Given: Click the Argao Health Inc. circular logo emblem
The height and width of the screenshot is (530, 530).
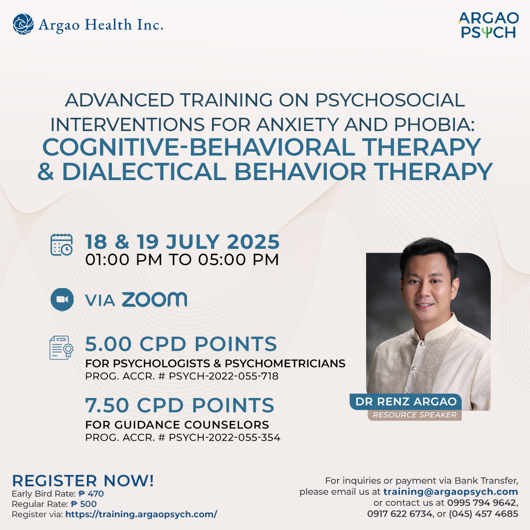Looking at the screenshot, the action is pyautogui.click(x=23, y=24).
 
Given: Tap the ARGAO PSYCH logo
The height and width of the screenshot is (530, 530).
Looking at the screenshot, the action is pyautogui.click(x=488, y=26).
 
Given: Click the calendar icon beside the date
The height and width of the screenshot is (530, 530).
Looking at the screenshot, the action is pyautogui.click(x=61, y=244).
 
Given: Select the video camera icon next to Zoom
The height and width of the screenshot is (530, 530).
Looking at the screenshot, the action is pyautogui.click(x=62, y=299).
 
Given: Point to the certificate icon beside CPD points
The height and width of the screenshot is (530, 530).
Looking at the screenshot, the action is pyautogui.click(x=61, y=347).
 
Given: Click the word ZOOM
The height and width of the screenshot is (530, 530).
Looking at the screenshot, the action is pyautogui.click(x=154, y=300).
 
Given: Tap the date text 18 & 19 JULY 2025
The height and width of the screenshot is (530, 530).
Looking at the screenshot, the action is pyautogui.click(x=182, y=242).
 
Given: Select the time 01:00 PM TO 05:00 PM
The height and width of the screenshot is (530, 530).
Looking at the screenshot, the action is pyautogui.click(x=182, y=260).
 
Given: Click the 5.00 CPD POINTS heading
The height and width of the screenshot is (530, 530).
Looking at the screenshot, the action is pyautogui.click(x=181, y=344).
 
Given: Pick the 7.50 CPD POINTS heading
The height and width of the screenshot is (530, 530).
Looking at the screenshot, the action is pyautogui.click(x=180, y=405).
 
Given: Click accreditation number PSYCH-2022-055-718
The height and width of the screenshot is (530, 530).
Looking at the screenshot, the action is pyautogui.click(x=223, y=376).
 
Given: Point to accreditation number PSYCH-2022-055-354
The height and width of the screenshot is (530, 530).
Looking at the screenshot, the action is pyautogui.click(x=224, y=437).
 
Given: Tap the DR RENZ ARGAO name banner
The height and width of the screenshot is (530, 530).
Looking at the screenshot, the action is pyautogui.click(x=406, y=401).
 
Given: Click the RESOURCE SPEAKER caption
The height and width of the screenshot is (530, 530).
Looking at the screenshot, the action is pyautogui.click(x=414, y=415).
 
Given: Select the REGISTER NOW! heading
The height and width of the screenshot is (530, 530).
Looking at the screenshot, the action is pyautogui.click(x=83, y=480).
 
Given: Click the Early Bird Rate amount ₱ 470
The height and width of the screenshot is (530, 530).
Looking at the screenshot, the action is pyautogui.click(x=91, y=494).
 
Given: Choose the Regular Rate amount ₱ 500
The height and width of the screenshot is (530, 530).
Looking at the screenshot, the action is pyautogui.click(x=84, y=504).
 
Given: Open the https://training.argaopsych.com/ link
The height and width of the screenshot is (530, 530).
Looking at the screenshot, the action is pyautogui.click(x=141, y=514).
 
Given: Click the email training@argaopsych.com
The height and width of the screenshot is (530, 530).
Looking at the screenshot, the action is pyautogui.click(x=450, y=492).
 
